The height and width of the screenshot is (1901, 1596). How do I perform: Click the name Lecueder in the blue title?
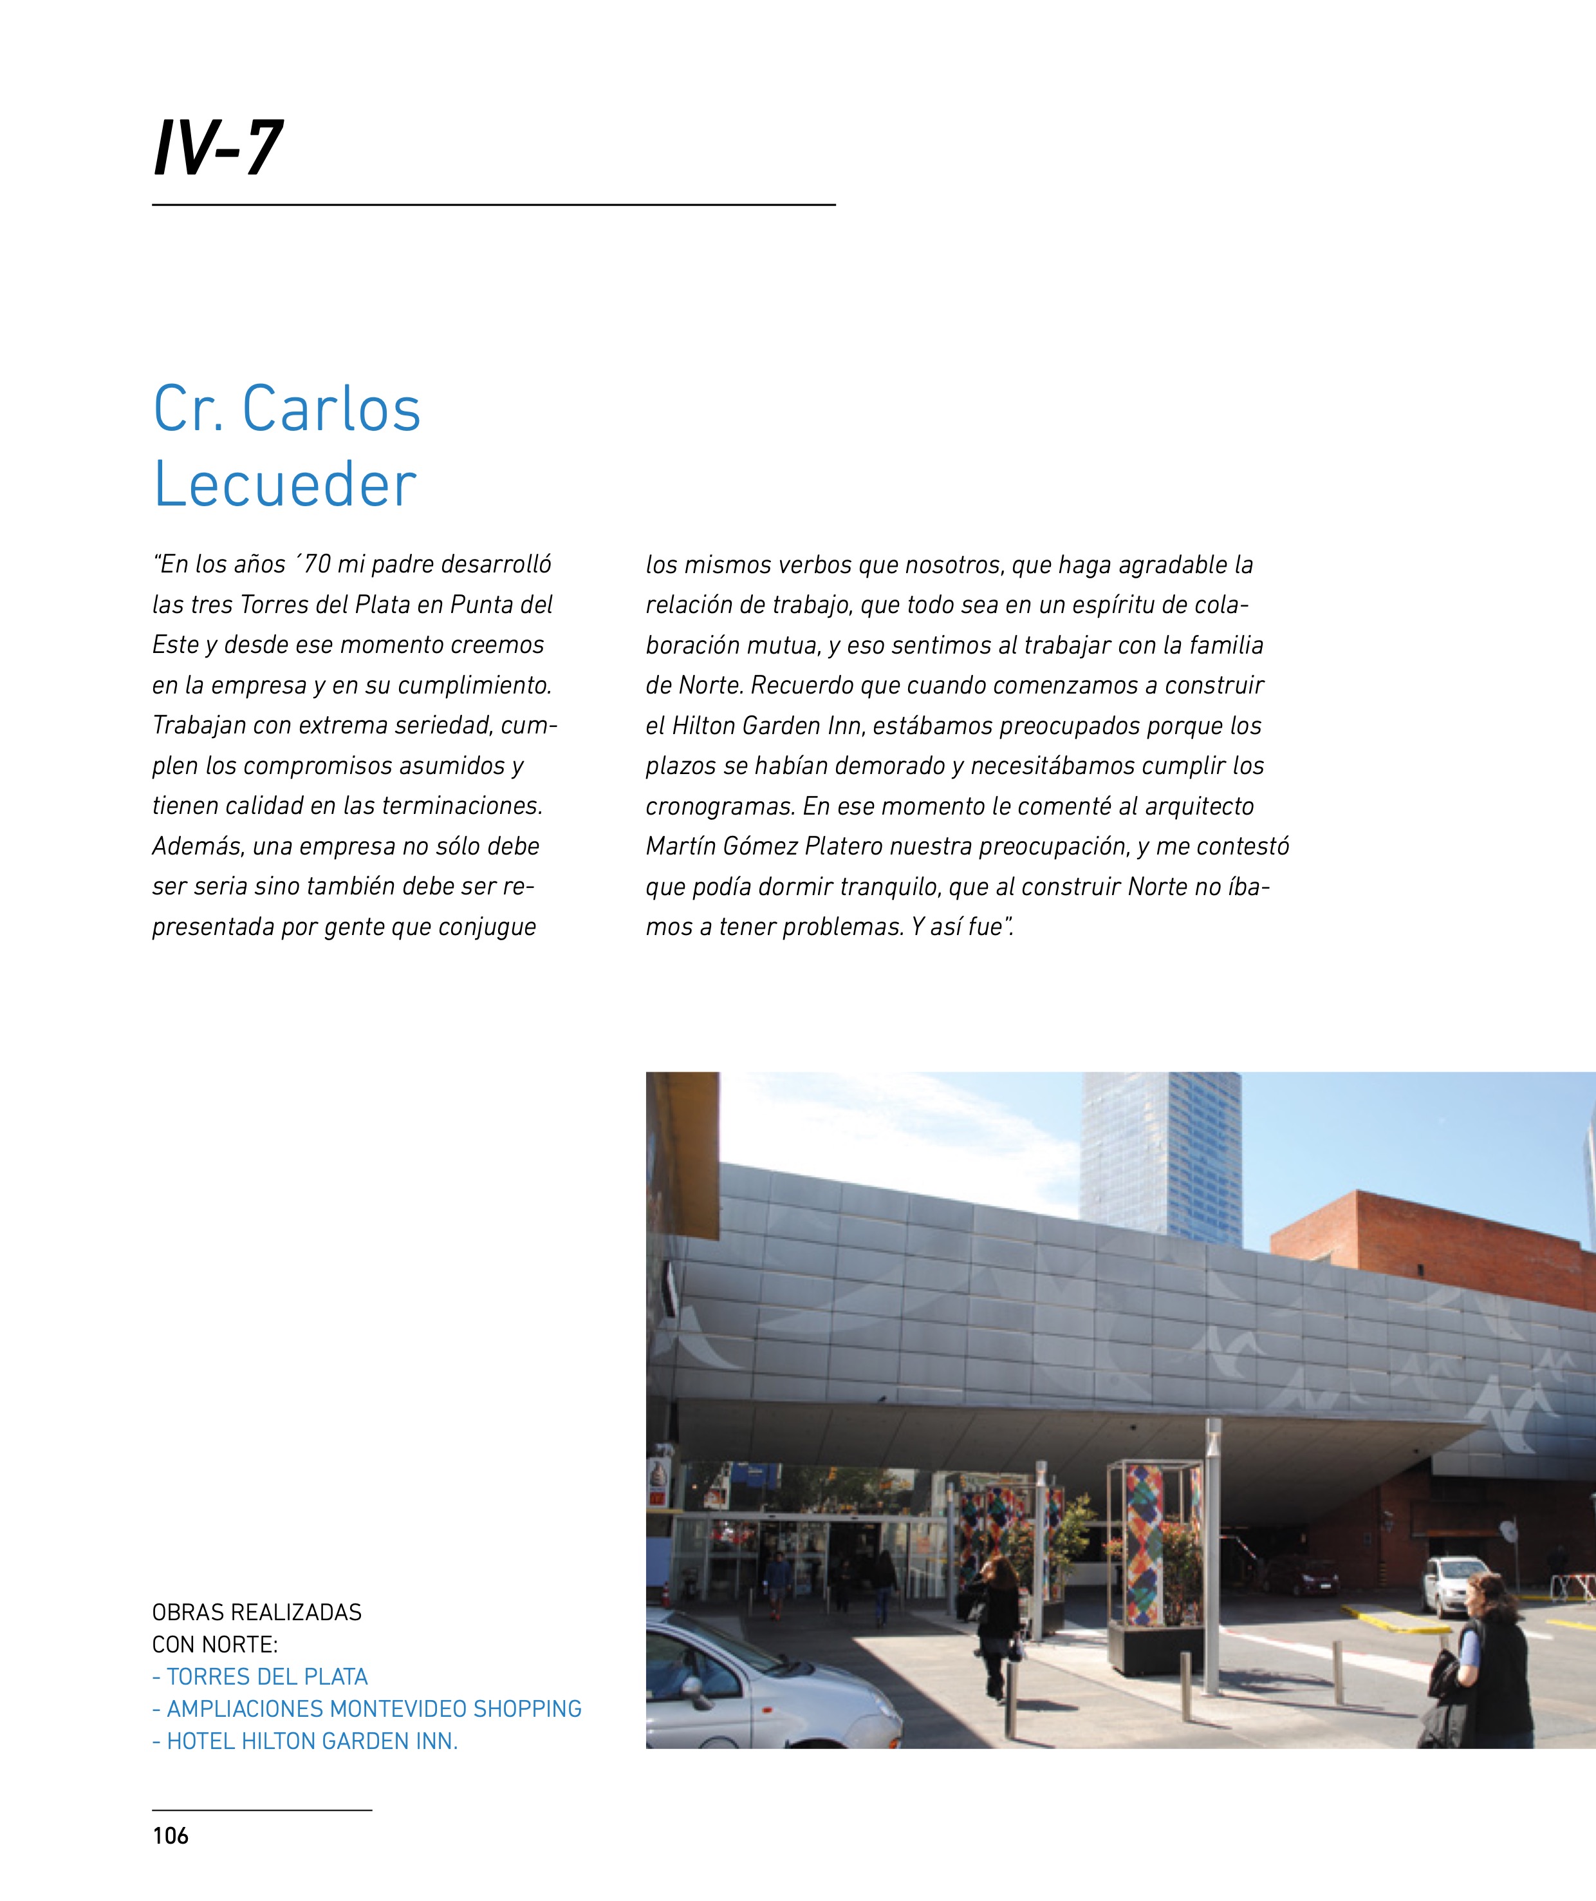pos(285,484)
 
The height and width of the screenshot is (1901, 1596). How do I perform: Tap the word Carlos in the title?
pos(331,409)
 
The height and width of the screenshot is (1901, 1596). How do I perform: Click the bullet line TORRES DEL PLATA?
pos(261,1676)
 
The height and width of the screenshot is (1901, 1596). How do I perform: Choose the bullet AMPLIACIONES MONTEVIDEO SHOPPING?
pos(367,1709)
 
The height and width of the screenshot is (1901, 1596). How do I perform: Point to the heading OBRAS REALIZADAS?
pos(257,1613)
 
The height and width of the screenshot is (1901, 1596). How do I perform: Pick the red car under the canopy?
pos(1299,1577)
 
